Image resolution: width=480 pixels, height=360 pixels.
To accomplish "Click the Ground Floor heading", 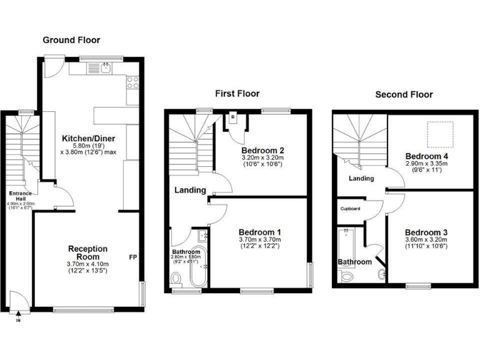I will pos(71,40).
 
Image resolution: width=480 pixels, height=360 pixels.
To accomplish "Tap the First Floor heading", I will pos(237,94).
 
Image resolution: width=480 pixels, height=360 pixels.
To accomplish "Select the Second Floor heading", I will pos(404,94).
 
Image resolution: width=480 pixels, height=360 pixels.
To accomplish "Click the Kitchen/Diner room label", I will pos(88,138).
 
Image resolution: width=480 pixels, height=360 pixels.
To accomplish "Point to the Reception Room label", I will pos(87,253).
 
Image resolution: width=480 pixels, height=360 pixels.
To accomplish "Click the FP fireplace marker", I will pos(134,257).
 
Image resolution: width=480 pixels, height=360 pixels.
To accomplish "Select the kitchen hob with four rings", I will pos(132,81).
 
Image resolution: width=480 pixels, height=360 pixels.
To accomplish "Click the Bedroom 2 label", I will pos(263,151).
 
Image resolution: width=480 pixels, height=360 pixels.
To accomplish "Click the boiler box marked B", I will pos(232,117).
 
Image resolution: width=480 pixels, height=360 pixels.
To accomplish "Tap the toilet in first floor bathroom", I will pos(177,277).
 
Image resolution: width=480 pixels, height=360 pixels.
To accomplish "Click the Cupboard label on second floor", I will pos(350,209).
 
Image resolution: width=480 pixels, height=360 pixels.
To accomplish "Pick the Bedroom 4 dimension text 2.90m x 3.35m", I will pos(426,164).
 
